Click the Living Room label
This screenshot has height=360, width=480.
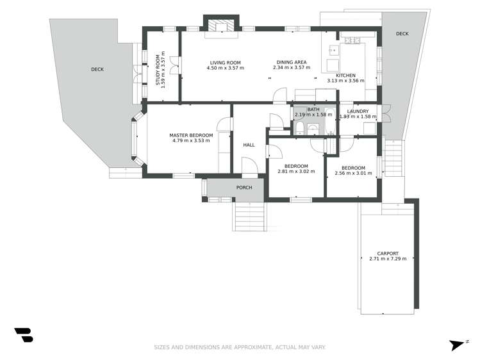point(223,62)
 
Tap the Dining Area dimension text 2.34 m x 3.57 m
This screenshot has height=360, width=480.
point(290,68)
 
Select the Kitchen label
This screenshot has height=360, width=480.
point(345,75)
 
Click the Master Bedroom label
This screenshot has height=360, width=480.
point(191,135)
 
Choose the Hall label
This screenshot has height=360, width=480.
point(249,145)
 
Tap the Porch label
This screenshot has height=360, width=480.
point(244,188)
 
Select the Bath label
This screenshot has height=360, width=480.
point(313,110)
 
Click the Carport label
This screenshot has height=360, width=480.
point(388,253)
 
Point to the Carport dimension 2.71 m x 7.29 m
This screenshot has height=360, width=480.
point(388,259)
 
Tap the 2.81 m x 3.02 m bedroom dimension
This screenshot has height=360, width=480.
point(297,172)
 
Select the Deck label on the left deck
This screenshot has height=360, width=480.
point(97,69)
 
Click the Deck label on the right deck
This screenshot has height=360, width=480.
point(402,34)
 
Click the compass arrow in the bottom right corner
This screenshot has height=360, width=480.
point(457,345)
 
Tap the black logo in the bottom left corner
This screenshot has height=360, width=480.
point(24,334)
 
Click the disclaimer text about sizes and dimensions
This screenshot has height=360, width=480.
point(240,347)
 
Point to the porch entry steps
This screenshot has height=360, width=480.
point(249,218)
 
